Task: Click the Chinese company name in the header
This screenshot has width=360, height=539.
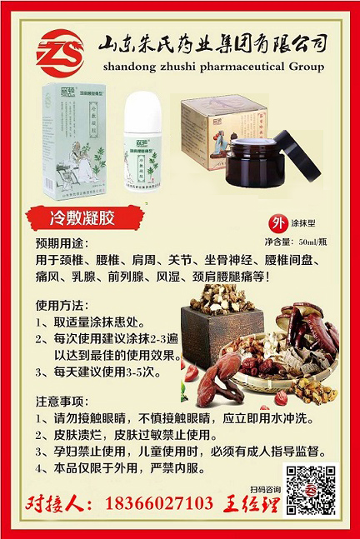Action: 212,43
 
